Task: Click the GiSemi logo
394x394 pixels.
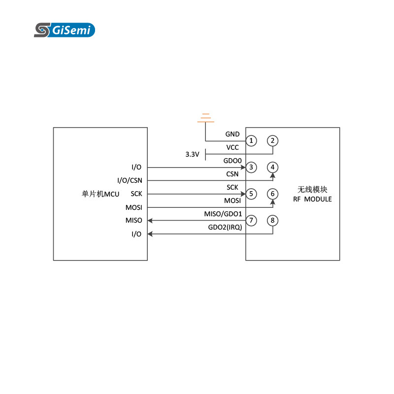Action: [64, 30]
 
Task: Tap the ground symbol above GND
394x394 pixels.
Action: [206, 118]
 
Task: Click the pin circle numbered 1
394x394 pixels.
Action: [251, 141]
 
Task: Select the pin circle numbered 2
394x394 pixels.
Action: [272, 141]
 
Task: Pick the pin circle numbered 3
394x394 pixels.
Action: [251, 167]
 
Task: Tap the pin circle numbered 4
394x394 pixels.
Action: [272, 167]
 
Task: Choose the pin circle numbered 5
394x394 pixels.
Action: [251, 194]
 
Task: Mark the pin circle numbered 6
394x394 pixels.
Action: [272, 194]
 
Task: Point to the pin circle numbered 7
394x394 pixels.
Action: [251, 220]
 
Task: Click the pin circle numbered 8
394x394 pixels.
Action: [272, 220]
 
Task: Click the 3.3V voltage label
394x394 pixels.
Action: [192, 154]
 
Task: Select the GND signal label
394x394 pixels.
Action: [232, 134]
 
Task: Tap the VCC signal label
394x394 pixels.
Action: [232, 147]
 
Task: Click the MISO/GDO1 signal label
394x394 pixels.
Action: [223, 214]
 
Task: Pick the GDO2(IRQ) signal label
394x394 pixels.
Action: [225, 227]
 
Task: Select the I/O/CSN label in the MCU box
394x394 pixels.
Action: [130, 180]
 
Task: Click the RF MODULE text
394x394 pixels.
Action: [312, 199]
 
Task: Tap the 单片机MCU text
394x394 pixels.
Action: [100, 194]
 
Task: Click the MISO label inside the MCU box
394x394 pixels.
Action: [133, 220]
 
